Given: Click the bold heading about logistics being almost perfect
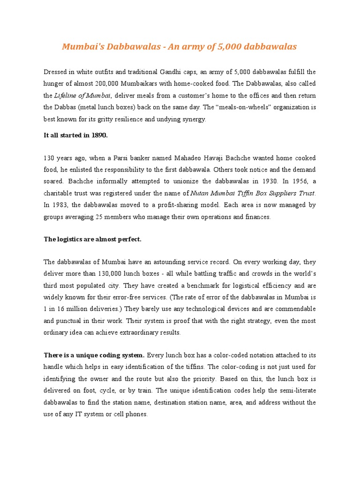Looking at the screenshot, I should [x=92, y=240].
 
